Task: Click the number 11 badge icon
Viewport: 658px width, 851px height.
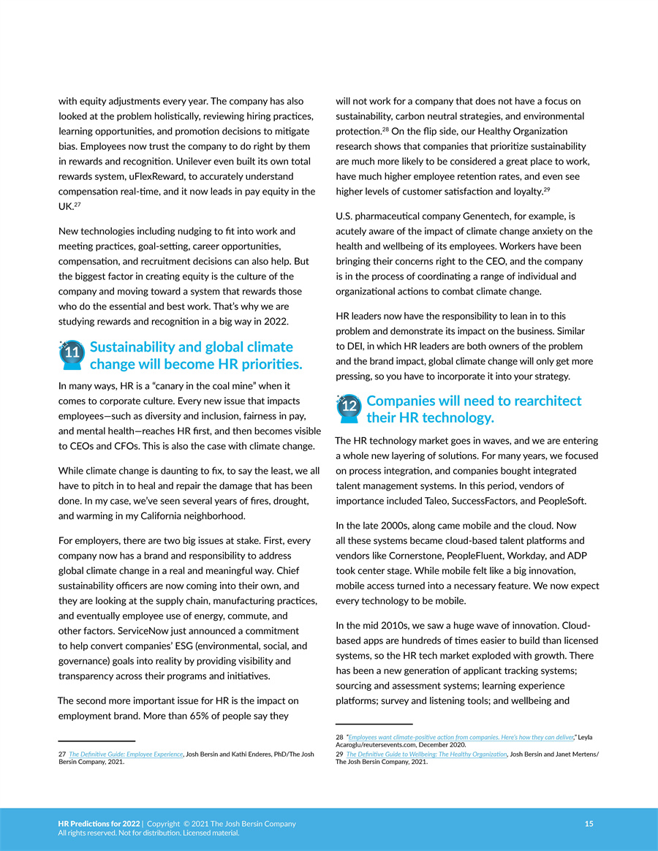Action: [71, 353]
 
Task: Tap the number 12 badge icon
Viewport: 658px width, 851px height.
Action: [349, 407]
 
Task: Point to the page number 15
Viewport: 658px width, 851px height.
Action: [589, 824]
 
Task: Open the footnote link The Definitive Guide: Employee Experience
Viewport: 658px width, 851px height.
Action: [126, 754]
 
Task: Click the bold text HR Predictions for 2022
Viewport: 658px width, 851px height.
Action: [99, 824]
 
